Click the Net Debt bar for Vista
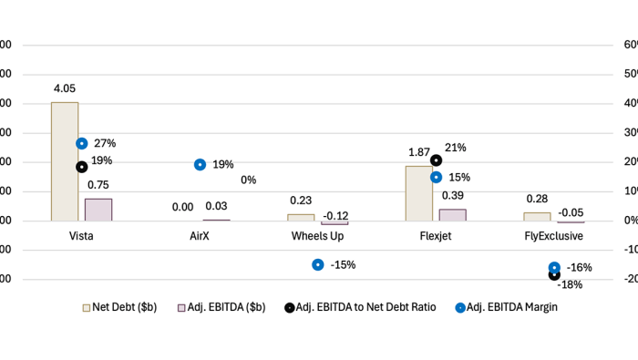tap(64, 161)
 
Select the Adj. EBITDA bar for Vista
tap(98, 210)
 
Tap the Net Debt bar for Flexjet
tap(418, 193)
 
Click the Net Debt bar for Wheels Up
tap(301, 217)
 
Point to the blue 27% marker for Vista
tap(82, 143)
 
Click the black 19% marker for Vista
tap(82, 167)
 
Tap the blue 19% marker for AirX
tap(200, 164)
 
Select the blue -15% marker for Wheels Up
tap(317, 264)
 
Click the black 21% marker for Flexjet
tap(436, 160)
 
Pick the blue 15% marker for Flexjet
tap(436, 178)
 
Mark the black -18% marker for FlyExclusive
tap(554, 274)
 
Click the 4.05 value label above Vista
tap(64, 89)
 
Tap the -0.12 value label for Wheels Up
tap(335, 216)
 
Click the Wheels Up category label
tap(317, 235)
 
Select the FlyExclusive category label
tap(553, 235)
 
